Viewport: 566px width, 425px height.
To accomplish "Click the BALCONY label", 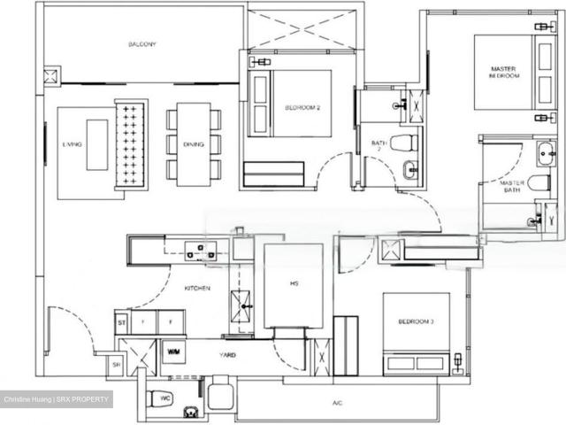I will (x=141, y=44).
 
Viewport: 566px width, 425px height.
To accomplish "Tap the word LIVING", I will (x=72, y=143).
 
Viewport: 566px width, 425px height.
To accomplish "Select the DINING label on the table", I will (x=194, y=143).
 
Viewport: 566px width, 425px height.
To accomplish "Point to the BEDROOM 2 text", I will (x=302, y=108).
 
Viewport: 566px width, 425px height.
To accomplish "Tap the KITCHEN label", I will (x=196, y=289).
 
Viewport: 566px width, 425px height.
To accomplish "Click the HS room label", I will (x=294, y=284).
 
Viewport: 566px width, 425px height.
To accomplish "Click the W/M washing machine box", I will (x=173, y=352).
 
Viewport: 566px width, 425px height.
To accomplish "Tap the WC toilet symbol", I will (x=161, y=398).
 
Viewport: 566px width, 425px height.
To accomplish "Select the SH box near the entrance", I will (x=116, y=363).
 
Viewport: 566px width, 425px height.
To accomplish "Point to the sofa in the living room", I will (x=132, y=143).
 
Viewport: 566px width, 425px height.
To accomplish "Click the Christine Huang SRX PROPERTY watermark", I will (x=57, y=400).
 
